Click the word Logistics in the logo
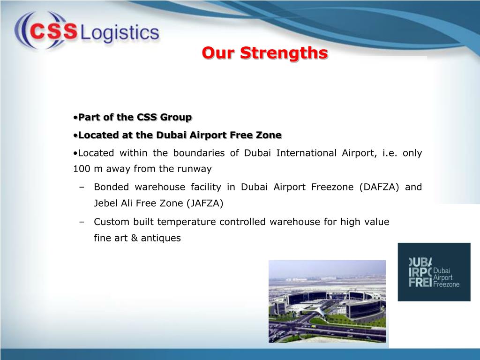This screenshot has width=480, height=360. click(x=120, y=33)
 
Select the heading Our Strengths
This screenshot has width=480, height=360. click(x=265, y=53)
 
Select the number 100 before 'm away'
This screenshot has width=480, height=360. click(x=81, y=169)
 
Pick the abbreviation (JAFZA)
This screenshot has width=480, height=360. click(x=205, y=203)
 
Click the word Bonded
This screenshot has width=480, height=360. click(x=111, y=187)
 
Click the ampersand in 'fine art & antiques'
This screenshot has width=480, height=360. click(x=134, y=238)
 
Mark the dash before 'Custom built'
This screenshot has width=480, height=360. click(x=82, y=222)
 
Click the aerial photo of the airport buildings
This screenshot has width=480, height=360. click(x=327, y=301)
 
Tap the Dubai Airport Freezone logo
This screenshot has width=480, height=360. click(x=434, y=272)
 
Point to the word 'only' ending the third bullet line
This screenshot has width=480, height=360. click(x=412, y=153)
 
